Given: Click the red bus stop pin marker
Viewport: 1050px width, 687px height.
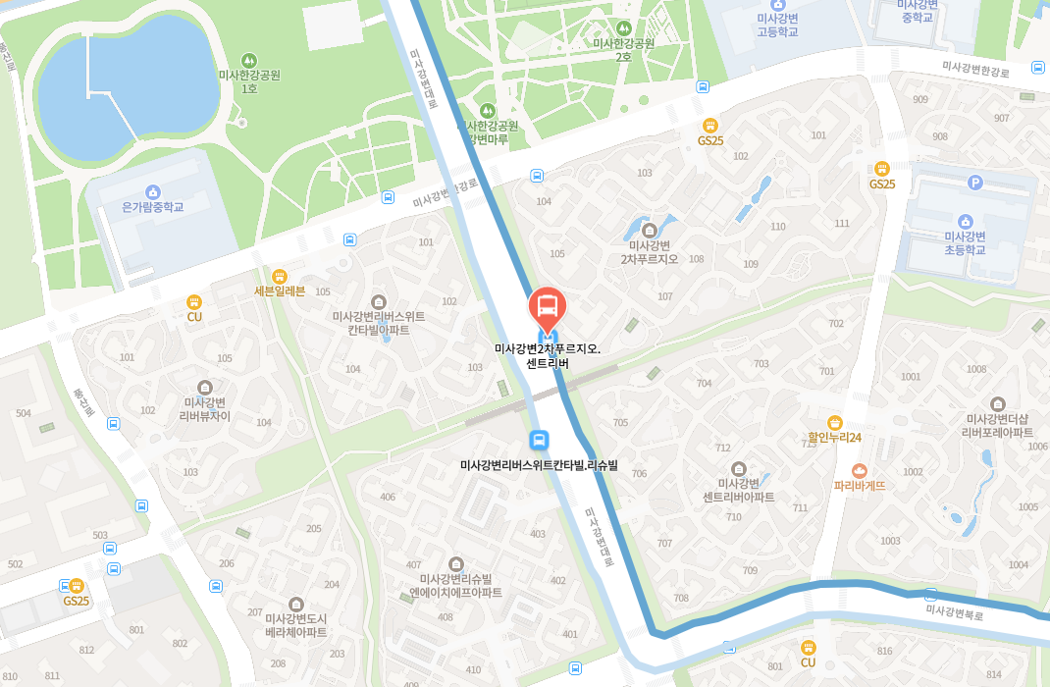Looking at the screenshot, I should (x=548, y=307).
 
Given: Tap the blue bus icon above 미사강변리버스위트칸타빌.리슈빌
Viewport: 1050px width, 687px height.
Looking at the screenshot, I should (x=538, y=440).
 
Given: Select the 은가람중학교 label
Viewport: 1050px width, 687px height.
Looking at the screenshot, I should (x=152, y=207).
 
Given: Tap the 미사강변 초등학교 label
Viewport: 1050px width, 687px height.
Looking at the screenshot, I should (x=965, y=242).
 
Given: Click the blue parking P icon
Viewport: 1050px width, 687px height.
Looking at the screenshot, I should (x=974, y=182).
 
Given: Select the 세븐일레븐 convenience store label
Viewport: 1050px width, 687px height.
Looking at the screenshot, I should (x=280, y=291).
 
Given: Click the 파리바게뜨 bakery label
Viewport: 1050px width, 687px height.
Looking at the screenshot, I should (x=860, y=485).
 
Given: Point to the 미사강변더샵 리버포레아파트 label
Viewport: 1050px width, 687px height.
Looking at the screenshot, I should (x=997, y=425).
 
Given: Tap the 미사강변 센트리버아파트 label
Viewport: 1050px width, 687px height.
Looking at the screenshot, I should (x=738, y=490).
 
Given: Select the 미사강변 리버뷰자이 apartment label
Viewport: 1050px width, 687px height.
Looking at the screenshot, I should (x=205, y=408).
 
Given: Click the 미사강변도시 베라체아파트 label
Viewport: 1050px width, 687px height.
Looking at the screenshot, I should (x=296, y=625).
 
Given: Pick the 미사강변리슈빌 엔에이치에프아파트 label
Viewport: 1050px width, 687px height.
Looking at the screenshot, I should (x=455, y=586).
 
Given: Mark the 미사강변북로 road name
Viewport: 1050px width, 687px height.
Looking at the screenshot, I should (x=954, y=611).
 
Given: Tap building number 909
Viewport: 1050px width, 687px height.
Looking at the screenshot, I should (x=919, y=99).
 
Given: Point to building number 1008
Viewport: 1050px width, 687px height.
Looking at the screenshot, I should (x=975, y=369).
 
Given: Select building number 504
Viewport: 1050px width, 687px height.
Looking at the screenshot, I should (x=24, y=413).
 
